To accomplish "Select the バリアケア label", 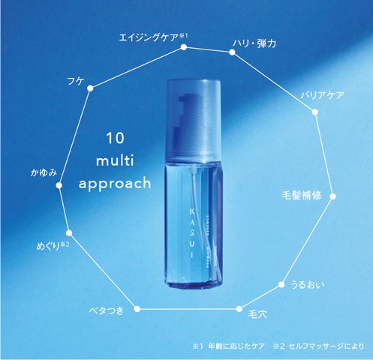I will point(322,94).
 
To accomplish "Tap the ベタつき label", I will point(107,309).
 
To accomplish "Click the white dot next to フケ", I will point(90,88).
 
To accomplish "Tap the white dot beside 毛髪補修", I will point(332,197).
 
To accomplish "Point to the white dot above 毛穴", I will point(239,308).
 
